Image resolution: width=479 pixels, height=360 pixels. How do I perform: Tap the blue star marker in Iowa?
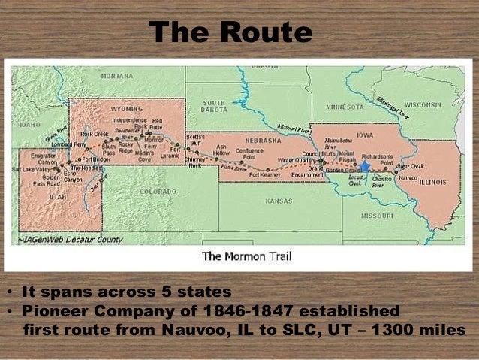tap(365, 166)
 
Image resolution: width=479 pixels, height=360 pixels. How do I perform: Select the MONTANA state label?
tap(116, 76)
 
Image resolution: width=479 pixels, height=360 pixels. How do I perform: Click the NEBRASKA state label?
tap(263, 140)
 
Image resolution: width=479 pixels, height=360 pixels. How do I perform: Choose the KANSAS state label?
tap(279, 201)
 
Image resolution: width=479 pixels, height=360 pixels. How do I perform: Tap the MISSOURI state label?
tap(377, 215)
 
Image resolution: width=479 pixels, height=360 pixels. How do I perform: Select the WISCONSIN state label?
tap(423, 104)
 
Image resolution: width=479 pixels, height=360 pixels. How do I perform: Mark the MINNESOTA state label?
tap(344, 106)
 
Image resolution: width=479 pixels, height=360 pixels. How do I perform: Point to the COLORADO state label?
tap(158, 192)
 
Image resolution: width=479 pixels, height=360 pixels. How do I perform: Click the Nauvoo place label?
tap(408, 178)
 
